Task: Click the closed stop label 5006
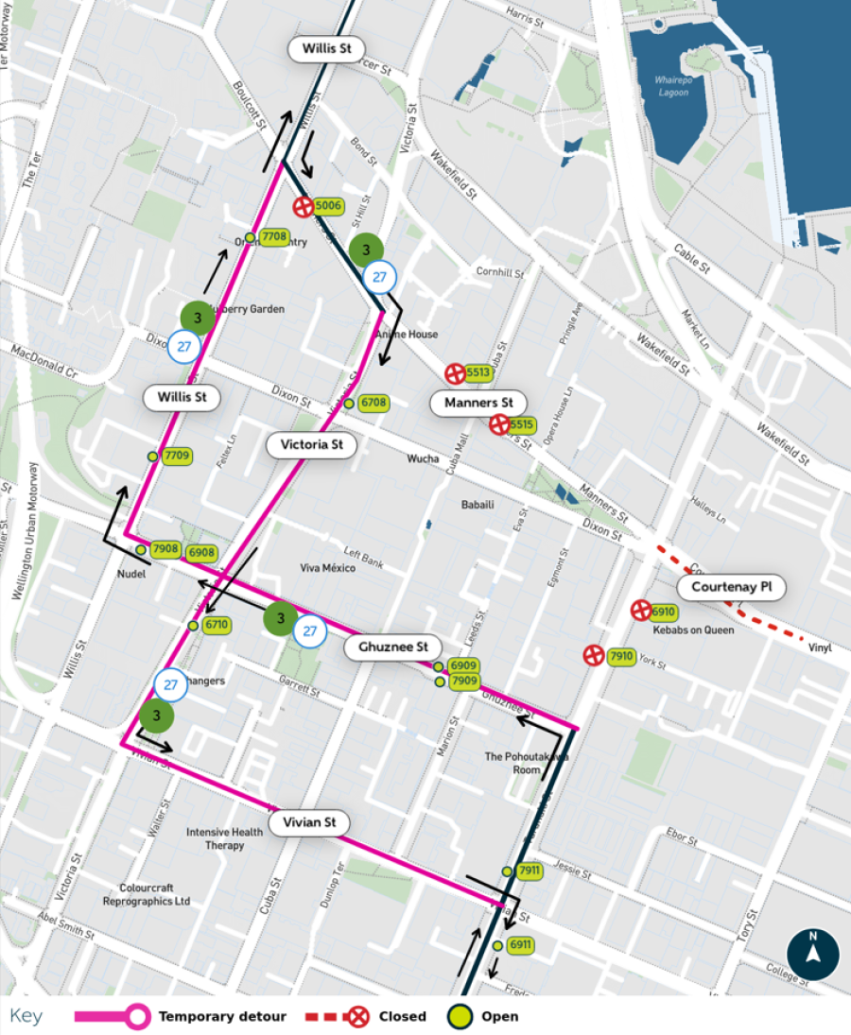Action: tap(328, 206)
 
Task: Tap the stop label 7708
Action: tap(274, 236)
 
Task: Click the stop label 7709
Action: tap(177, 456)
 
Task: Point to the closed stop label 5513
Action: tap(478, 372)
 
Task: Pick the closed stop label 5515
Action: tap(522, 425)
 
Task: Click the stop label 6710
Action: tap(217, 625)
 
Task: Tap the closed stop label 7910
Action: tap(620, 656)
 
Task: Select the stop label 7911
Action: tap(529, 871)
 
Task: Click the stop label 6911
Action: tap(520, 945)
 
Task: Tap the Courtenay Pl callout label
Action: tap(731, 587)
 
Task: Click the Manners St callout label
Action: tap(478, 404)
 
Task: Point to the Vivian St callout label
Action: tap(309, 822)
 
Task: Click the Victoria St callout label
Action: tap(311, 444)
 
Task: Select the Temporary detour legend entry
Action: tap(221, 1017)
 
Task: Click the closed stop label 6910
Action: tap(663, 612)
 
